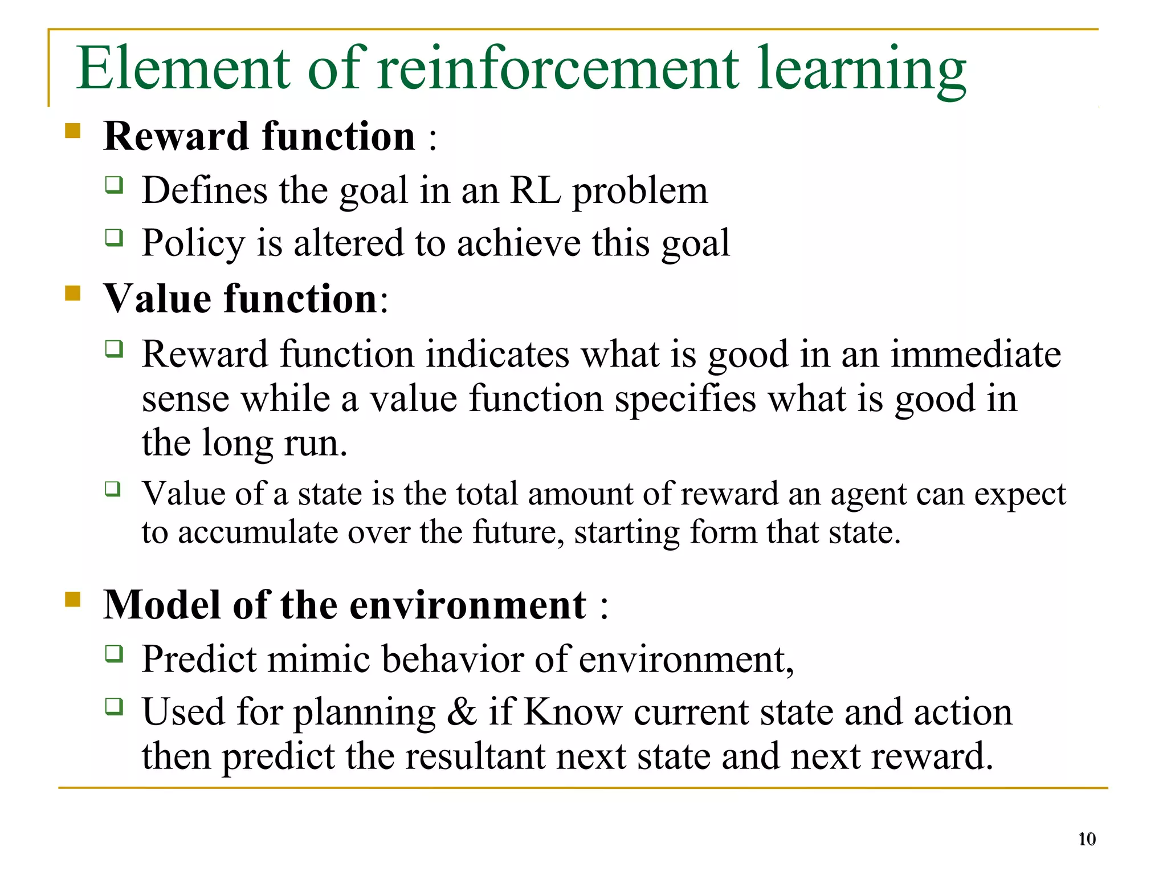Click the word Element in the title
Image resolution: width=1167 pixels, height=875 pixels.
pyautogui.click(x=183, y=68)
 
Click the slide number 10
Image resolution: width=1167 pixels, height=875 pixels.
pyautogui.click(x=1087, y=839)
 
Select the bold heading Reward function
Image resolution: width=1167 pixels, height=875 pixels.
pyautogui.click(x=259, y=137)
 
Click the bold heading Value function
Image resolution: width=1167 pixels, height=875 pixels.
pyautogui.click(x=240, y=299)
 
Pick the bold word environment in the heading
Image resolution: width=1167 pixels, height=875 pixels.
pyautogui.click(x=467, y=605)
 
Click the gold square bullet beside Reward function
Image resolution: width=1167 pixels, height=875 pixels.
pyautogui.click(x=72, y=131)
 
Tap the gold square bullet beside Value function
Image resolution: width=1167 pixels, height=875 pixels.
pyautogui.click(x=72, y=293)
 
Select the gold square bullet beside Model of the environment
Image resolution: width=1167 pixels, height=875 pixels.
pyautogui.click(x=72, y=599)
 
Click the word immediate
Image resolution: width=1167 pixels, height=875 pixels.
pyautogui.click(x=976, y=355)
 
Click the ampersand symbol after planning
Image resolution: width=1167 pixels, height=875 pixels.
pyautogui.click(x=462, y=713)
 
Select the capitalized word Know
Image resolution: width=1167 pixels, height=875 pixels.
pyautogui.click(x=572, y=713)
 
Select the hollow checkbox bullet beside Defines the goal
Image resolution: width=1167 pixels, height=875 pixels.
pyautogui.click(x=114, y=185)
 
